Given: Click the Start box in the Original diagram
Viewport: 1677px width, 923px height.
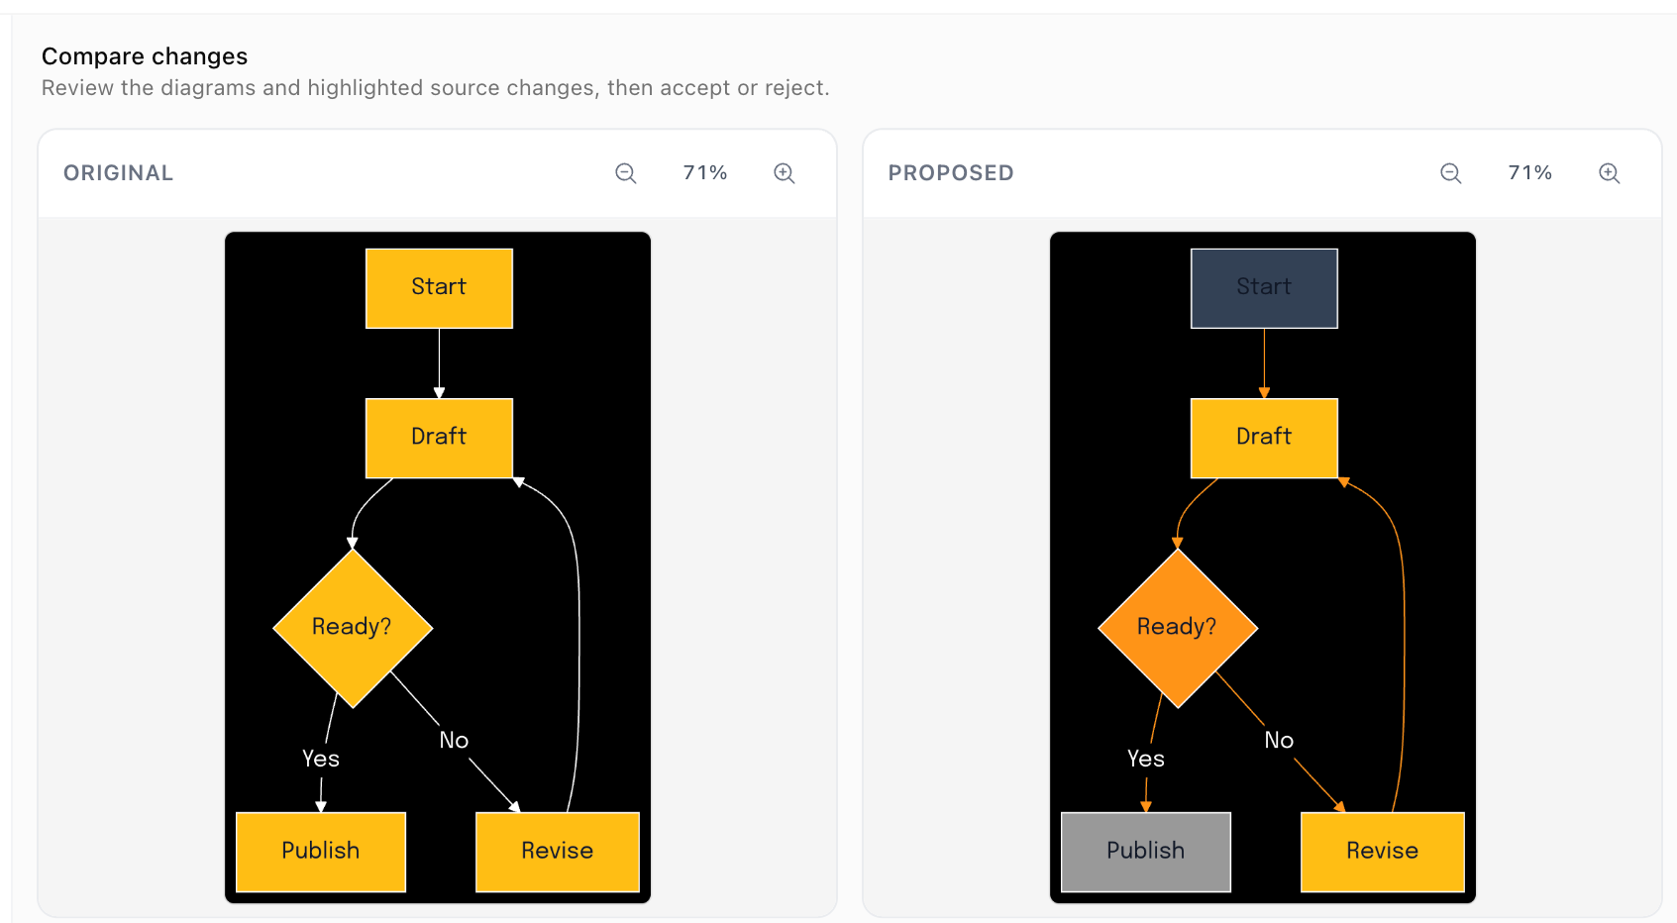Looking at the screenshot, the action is [439, 288].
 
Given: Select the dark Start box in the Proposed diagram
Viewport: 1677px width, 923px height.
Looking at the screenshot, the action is [1264, 288].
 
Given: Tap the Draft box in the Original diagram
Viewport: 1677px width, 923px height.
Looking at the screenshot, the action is [439, 438].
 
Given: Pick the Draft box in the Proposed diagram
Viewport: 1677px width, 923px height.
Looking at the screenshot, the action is [1264, 438].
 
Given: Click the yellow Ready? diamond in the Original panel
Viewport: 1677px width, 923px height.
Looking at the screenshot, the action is [353, 628].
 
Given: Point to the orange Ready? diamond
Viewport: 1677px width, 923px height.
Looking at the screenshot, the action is [1178, 628].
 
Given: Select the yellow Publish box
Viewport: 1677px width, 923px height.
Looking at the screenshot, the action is [320, 852].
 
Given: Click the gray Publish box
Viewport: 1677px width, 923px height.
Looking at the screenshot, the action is [1145, 852].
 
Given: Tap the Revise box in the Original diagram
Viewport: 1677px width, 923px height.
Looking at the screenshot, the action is [557, 852].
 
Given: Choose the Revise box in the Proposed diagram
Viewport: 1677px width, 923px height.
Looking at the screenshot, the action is [1382, 852].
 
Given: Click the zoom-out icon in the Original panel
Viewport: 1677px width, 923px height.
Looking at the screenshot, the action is [626, 173].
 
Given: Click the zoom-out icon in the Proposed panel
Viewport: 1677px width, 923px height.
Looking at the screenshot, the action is [1451, 173].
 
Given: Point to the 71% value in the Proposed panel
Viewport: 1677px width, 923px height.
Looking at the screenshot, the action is [1529, 173].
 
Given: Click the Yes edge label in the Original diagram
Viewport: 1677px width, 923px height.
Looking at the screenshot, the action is [320, 759].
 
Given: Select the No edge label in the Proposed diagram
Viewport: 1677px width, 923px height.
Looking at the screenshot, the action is [1279, 741].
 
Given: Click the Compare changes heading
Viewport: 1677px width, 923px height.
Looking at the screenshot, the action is [145, 56].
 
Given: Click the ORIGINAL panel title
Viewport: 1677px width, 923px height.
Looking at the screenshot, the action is [118, 173].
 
